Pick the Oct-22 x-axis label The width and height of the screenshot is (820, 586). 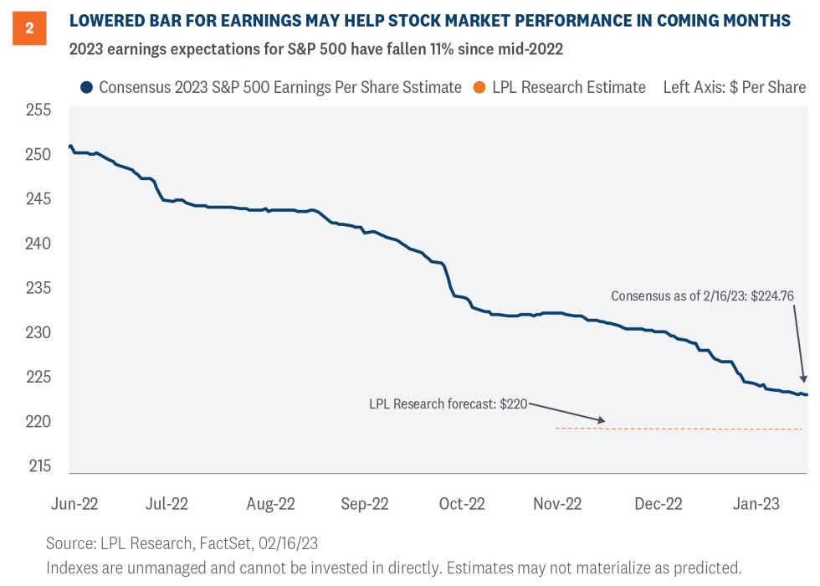pyautogui.click(x=462, y=504)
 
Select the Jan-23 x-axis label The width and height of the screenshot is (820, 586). pyautogui.click(x=756, y=504)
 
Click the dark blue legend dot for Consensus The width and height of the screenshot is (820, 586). pyautogui.click(x=85, y=87)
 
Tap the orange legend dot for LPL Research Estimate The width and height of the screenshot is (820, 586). pyautogui.click(x=479, y=87)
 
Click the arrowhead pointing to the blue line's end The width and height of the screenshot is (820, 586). pyautogui.click(x=803, y=381)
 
